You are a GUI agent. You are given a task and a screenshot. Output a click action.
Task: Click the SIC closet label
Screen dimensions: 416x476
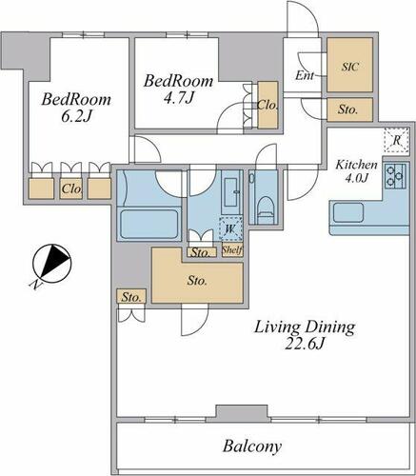tap(349, 67)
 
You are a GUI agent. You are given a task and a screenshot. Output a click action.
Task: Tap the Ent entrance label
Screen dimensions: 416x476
tap(305, 75)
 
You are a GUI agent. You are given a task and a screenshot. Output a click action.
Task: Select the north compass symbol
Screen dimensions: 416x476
tap(52, 263)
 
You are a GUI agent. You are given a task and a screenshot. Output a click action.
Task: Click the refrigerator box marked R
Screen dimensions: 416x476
tap(396, 140)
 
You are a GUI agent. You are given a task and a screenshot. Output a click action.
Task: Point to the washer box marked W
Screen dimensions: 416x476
tap(230, 228)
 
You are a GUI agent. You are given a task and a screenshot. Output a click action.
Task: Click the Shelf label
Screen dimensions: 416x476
tap(232, 249)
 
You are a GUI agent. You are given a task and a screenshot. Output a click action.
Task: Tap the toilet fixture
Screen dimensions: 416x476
tap(265, 207)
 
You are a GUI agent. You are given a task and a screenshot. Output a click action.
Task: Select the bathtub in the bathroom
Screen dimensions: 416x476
tap(149, 223)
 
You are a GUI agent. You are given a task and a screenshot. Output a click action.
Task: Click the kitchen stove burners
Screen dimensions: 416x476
tap(395, 175)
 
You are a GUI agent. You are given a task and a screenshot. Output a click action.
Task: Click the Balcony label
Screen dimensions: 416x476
tap(252, 446)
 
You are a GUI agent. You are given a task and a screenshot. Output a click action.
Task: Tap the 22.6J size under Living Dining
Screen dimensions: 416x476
tap(304, 344)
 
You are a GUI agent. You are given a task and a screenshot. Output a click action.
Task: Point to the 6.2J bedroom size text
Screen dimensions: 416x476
tap(76, 117)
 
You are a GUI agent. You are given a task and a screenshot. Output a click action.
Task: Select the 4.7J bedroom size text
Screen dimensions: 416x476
tap(178, 98)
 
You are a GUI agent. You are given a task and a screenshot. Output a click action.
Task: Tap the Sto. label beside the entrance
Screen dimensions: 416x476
tap(348, 109)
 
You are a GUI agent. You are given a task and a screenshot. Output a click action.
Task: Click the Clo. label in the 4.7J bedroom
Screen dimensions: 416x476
tap(267, 105)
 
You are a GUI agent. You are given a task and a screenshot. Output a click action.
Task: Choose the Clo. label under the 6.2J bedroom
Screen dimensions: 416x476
tap(72, 188)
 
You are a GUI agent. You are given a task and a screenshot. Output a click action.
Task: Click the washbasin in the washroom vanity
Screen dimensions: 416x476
tap(230, 191)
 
